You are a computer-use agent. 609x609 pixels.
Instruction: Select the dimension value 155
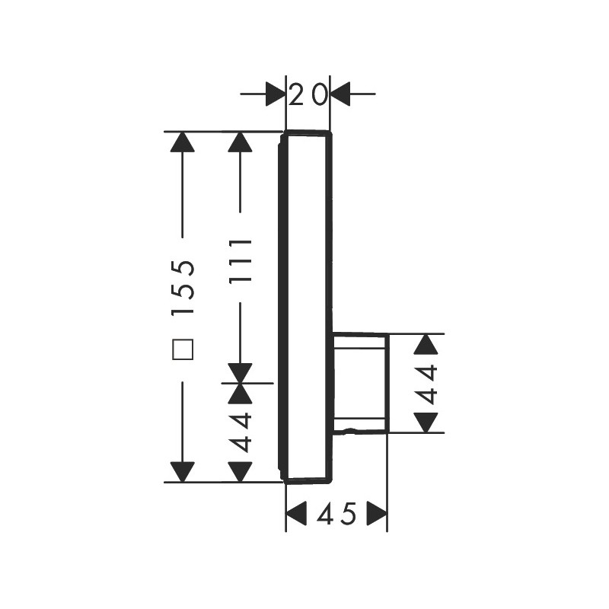183,287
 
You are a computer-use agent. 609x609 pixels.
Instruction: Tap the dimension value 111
241,262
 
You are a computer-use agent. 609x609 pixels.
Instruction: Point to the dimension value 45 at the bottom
336,513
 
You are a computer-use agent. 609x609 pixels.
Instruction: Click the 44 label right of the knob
426,384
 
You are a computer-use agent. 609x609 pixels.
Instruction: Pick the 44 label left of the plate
241,432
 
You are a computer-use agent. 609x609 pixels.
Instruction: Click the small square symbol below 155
183,349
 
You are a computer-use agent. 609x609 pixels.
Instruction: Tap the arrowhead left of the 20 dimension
276,94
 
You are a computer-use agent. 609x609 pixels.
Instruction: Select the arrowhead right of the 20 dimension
340,94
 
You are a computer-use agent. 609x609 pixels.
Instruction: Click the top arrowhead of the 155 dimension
183,142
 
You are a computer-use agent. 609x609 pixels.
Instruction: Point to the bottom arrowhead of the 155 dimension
183,472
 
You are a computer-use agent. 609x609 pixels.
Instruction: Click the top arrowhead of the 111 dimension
241,142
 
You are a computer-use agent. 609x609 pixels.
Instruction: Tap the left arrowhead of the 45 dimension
296,513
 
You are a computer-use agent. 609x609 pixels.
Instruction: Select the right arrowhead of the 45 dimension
377,513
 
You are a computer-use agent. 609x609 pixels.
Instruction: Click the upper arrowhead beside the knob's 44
426,344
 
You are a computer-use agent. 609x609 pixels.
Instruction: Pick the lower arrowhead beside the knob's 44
426,422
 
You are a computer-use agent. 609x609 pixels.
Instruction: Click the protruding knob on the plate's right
360,383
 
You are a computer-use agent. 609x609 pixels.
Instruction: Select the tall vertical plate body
306,307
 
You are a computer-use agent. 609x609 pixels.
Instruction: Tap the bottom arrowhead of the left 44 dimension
241,472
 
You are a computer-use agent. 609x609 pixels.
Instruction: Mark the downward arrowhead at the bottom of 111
241,373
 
